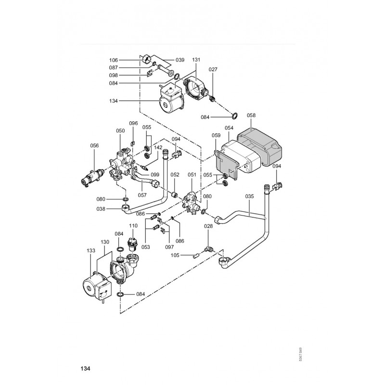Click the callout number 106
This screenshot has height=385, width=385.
coord(114,60)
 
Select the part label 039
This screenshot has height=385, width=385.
coord(180,60)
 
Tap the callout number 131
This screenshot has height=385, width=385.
coord(196,60)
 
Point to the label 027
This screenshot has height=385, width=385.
coord(213,70)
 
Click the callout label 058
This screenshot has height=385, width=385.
coord(251,115)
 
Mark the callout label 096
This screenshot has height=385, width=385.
coord(133,123)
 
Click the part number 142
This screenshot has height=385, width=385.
coord(157,148)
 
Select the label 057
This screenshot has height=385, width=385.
coord(142,195)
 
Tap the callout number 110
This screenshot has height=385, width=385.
coord(133,225)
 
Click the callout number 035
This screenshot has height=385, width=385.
coord(249,196)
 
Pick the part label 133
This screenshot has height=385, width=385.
coord(91,251)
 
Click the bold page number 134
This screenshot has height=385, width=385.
coord(85,369)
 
